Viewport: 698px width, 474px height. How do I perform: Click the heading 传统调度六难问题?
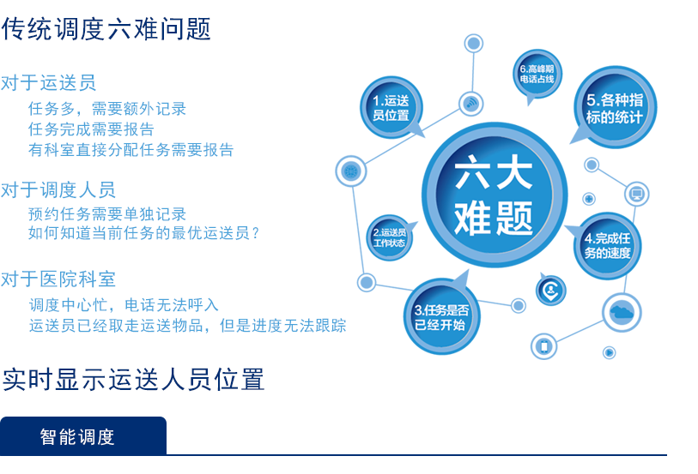pos(106,29)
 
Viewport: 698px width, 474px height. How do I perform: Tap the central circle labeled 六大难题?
pos(495,195)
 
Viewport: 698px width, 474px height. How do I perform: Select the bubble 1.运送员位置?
pos(391,107)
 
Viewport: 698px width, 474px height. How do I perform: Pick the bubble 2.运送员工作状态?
pos(390,237)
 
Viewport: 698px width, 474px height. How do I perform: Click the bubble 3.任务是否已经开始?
pos(441,316)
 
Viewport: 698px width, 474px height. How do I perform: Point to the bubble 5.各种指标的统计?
pos(615,107)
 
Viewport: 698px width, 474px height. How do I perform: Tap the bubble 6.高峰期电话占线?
pos(537,75)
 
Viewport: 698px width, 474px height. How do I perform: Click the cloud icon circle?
pos(622,312)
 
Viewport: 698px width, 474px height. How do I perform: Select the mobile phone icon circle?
pos(544,346)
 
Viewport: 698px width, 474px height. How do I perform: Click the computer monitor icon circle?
pos(637,194)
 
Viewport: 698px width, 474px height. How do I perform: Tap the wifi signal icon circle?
pos(471,104)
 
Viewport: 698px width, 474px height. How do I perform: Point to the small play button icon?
pos(609,353)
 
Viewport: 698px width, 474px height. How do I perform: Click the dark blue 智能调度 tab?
pos(83,435)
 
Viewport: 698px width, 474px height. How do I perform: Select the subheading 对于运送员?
pos(49,82)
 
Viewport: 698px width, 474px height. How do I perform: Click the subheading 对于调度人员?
pos(58,189)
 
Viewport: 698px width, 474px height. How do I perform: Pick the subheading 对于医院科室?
pos(58,279)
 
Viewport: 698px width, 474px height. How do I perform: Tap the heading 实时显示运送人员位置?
pos(133,380)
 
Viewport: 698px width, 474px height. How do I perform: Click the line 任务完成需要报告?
pos(91,129)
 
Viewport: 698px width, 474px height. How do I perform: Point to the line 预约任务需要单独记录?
pos(107,214)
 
